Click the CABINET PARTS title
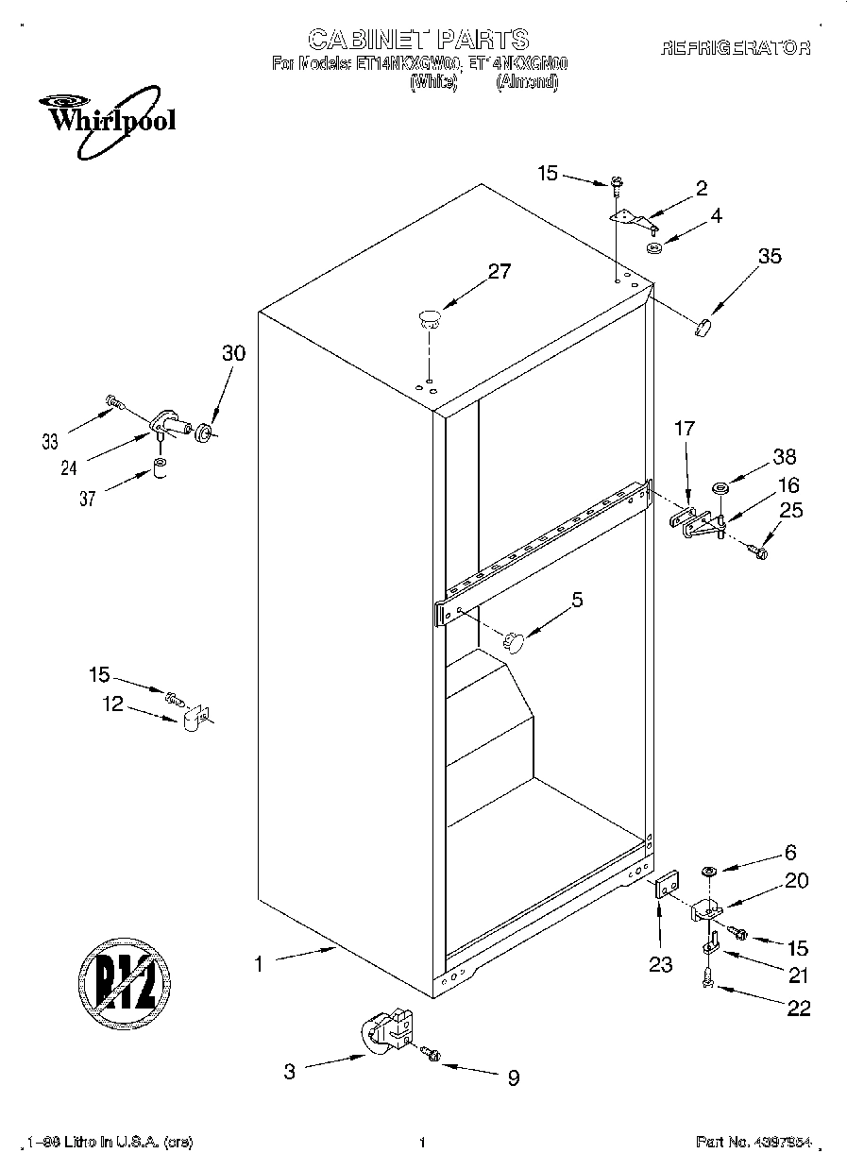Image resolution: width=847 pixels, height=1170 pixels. (x=418, y=39)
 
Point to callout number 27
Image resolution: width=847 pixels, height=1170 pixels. (x=499, y=272)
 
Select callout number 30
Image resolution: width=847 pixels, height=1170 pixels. (x=232, y=353)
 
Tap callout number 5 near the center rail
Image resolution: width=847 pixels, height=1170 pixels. (x=577, y=599)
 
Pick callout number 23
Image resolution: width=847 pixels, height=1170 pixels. (x=661, y=964)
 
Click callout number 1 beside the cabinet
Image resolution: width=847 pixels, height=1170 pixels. (x=257, y=964)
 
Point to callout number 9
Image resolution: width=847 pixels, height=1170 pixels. (x=513, y=1077)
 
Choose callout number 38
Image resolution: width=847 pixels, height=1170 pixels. (x=784, y=457)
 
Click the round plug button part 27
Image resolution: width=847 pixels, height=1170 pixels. (x=430, y=317)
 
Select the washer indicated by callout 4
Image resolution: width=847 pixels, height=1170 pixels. (x=653, y=248)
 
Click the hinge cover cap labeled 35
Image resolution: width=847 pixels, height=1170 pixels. (x=701, y=327)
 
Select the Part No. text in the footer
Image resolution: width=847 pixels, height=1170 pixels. (x=753, y=1143)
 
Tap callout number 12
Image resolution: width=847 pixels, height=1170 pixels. (x=112, y=704)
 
